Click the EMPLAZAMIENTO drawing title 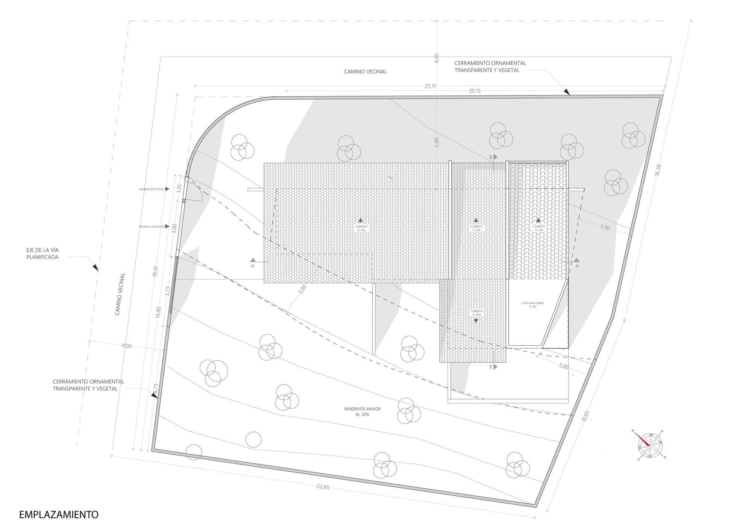(59, 514)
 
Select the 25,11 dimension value (430, 86)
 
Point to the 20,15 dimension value (474, 91)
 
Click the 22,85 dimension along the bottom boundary (323, 487)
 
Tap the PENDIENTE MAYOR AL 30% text (357, 411)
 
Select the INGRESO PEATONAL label (152, 189)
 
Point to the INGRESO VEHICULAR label (152, 227)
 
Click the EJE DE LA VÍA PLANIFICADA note (42, 254)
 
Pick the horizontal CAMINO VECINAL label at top (365, 71)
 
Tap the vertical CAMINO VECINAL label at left (120, 294)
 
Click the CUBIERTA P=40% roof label (476, 313)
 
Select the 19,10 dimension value (155, 271)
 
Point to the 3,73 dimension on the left (168, 292)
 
